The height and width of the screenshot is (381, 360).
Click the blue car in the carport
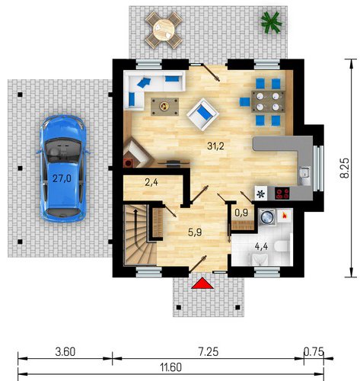(62, 168)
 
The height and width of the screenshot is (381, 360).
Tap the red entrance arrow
(202, 283)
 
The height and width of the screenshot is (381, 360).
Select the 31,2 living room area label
(215, 146)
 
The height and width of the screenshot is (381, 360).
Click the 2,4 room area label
(151, 182)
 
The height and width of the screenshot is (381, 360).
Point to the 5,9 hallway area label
(195, 232)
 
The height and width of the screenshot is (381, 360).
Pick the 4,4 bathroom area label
(261, 246)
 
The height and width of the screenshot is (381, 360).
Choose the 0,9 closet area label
(241, 213)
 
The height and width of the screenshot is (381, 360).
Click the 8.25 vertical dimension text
(345, 168)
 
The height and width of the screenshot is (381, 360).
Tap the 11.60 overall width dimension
(171, 367)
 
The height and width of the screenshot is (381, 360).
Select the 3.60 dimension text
(65, 352)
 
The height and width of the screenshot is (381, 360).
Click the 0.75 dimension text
(314, 352)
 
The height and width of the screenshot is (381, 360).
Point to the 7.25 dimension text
(208, 352)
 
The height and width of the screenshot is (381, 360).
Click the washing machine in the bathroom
(267, 216)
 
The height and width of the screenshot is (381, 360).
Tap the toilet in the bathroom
(282, 246)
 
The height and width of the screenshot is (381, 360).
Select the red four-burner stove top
(282, 194)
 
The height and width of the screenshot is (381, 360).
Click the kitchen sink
(304, 176)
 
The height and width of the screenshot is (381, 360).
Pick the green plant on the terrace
(271, 22)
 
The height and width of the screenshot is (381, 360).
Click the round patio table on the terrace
(164, 30)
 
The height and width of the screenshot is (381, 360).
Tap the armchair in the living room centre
(202, 114)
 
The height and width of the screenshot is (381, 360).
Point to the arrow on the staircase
(136, 226)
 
